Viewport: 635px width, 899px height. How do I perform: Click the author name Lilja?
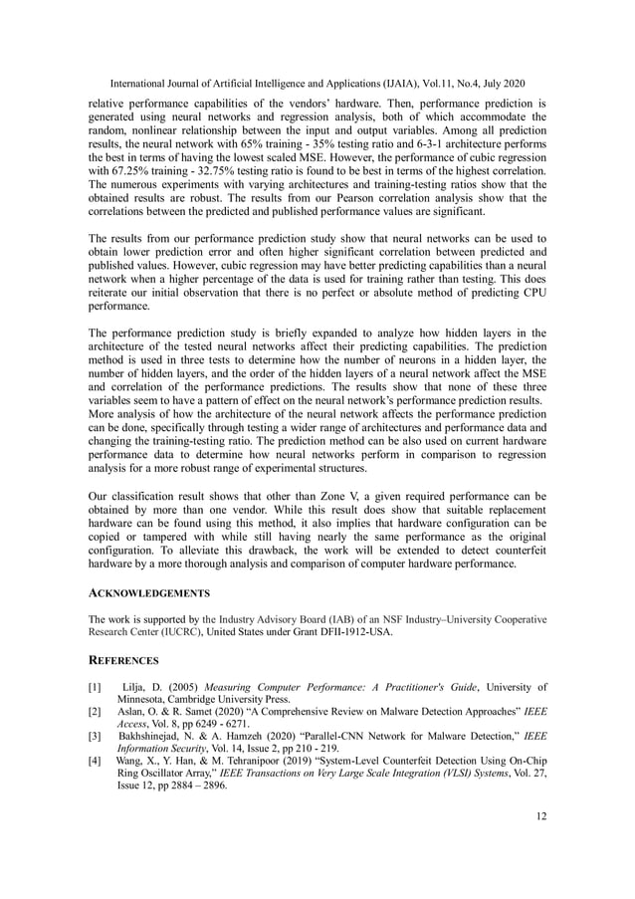point(138,687)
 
